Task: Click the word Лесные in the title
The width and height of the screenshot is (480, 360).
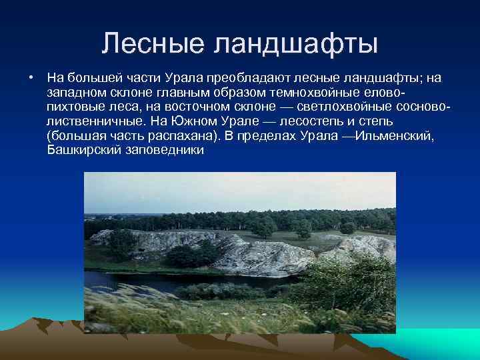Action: (x=151, y=44)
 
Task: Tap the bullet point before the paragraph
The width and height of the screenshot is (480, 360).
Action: (x=31, y=78)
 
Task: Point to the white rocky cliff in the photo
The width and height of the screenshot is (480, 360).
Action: (x=267, y=257)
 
